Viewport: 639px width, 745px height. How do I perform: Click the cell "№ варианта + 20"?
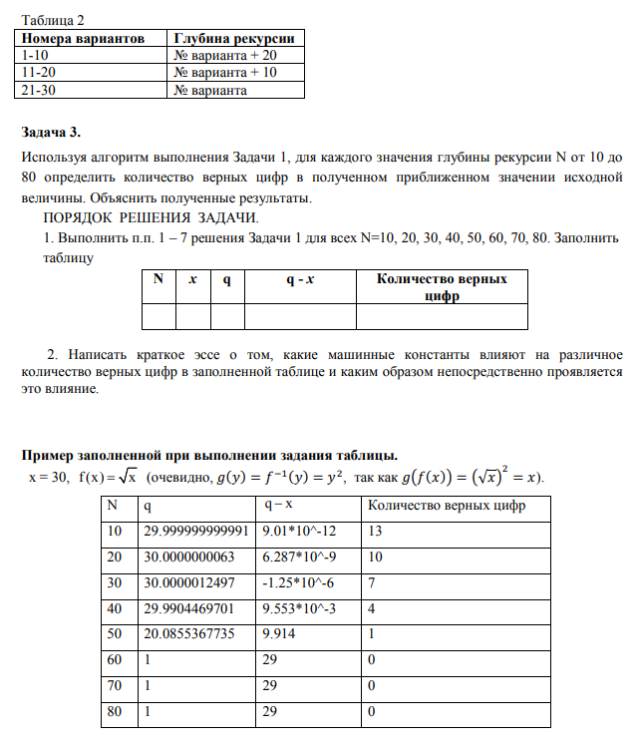coord(224,56)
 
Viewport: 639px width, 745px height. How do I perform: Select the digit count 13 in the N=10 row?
coord(376,532)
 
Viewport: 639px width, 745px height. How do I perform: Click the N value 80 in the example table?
coord(116,712)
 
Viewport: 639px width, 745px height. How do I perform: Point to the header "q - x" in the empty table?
coord(300,280)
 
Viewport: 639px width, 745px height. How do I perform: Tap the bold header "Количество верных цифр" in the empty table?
coord(441,287)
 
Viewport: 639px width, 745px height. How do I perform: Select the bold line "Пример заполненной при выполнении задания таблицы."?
coord(209,456)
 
